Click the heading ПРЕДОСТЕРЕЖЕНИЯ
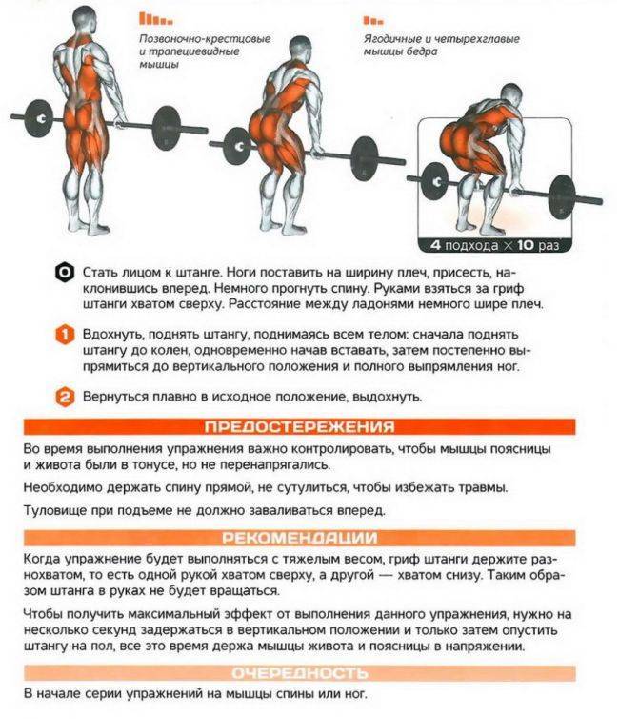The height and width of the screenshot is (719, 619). click(x=299, y=427)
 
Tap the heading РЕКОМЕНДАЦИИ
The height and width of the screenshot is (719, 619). click(x=300, y=538)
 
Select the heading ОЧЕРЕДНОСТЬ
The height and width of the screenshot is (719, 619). click(x=300, y=673)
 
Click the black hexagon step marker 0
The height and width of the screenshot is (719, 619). click(x=65, y=273)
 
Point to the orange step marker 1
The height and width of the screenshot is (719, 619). click(x=65, y=335)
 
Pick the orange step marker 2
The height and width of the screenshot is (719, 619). click(x=65, y=397)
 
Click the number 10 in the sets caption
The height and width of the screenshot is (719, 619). click(x=525, y=245)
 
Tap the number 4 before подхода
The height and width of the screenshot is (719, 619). click(x=435, y=245)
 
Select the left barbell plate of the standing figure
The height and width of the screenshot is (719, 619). click(x=37, y=118)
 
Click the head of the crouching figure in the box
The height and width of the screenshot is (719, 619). click(x=510, y=96)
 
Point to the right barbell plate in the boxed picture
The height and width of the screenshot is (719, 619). click(x=562, y=197)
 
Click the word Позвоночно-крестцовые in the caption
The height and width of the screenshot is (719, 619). click(x=205, y=39)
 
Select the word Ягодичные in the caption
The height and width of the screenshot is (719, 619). click(x=392, y=39)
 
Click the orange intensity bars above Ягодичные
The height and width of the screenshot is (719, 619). click(x=373, y=21)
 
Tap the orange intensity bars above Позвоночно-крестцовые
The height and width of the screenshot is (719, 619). click(x=155, y=18)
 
